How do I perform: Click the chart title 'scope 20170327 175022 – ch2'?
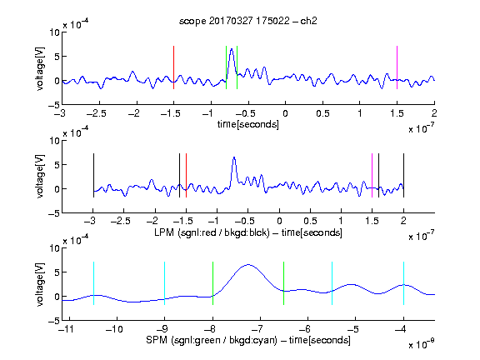pyautogui.click(x=248, y=21)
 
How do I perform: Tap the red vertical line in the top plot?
pyautogui.click(x=173, y=67)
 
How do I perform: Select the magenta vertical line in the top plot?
pyautogui.click(x=397, y=67)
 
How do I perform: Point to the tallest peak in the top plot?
pyautogui.click(x=232, y=49)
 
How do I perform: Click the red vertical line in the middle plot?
pyautogui.click(x=186, y=175)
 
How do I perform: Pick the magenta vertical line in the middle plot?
pyautogui.click(x=372, y=175)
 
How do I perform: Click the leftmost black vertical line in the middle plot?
pyautogui.click(x=93, y=175)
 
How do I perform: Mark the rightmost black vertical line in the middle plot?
pyautogui.click(x=403, y=175)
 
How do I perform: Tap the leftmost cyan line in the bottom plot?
pyautogui.click(x=93, y=283)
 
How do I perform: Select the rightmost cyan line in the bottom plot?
pyautogui.click(x=403, y=283)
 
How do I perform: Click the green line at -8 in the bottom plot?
pyautogui.click(x=212, y=283)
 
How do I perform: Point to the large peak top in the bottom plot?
pyautogui.click(x=248, y=264)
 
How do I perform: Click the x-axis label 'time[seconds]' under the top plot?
pyautogui.click(x=248, y=124)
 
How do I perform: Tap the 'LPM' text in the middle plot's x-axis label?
pyautogui.click(x=164, y=232)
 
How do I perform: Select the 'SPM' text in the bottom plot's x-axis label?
pyautogui.click(x=156, y=340)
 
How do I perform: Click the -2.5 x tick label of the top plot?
pyautogui.click(x=97, y=113)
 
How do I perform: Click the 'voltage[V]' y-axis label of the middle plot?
pyautogui.click(x=40, y=177)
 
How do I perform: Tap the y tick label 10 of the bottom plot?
pyautogui.click(x=54, y=248)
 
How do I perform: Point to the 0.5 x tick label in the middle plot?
pyautogui.click(x=310, y=221)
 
